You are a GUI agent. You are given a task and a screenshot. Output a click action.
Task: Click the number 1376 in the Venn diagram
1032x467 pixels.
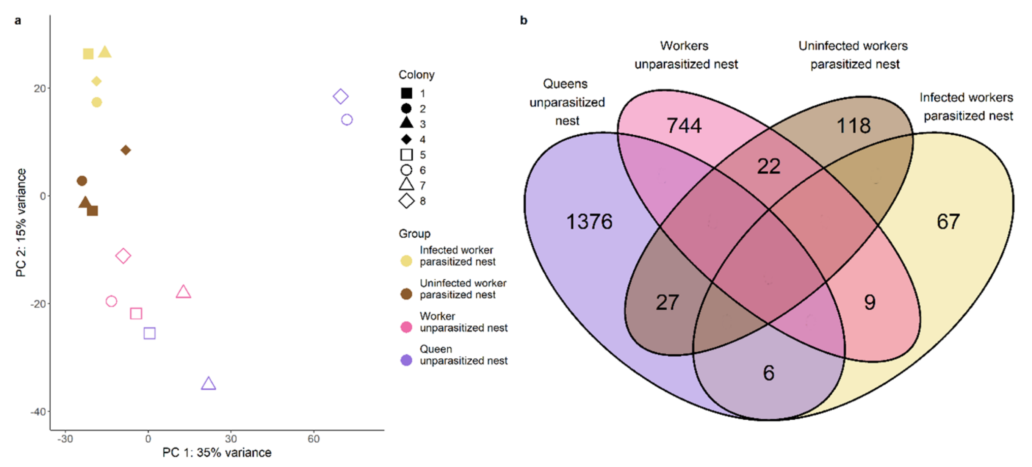tap(589, 222)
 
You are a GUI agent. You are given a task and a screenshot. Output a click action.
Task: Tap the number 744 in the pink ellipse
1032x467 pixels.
tap(683, 125)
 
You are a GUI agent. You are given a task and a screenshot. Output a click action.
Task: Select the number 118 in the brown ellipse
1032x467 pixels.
tap(853, 125)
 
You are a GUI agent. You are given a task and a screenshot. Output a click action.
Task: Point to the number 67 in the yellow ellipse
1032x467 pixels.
tap(948, 222)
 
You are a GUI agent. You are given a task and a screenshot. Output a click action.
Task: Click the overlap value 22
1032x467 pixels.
tap(768, 166)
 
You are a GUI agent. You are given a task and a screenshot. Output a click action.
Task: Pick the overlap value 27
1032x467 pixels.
tap(667, 302)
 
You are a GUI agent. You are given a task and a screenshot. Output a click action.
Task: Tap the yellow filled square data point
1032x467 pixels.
tap(88, 54)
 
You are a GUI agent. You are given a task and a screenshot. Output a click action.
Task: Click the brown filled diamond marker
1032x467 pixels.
tap(125, 150)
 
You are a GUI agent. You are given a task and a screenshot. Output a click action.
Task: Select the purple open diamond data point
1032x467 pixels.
tap(341, 96)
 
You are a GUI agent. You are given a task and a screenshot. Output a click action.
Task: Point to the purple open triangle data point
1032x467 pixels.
tap(208, 384)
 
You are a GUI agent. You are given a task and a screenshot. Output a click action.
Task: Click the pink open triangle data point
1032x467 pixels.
tap(183, 292)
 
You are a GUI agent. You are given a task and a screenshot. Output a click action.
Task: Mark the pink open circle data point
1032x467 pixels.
tap(111, 301)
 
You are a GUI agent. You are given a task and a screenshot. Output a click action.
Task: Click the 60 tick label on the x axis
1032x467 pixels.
tap(313, 439)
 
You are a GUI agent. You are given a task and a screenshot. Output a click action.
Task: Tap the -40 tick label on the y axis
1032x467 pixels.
tap(38, 412)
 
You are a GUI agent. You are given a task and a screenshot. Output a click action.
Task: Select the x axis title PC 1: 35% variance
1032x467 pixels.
tap(217, 453)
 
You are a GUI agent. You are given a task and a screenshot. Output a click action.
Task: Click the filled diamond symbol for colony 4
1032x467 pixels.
tap(406, 139)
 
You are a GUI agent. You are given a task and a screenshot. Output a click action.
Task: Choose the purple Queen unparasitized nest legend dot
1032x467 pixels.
tap(406, 360)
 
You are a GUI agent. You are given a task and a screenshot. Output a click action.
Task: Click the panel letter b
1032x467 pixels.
tap(523, 20)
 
